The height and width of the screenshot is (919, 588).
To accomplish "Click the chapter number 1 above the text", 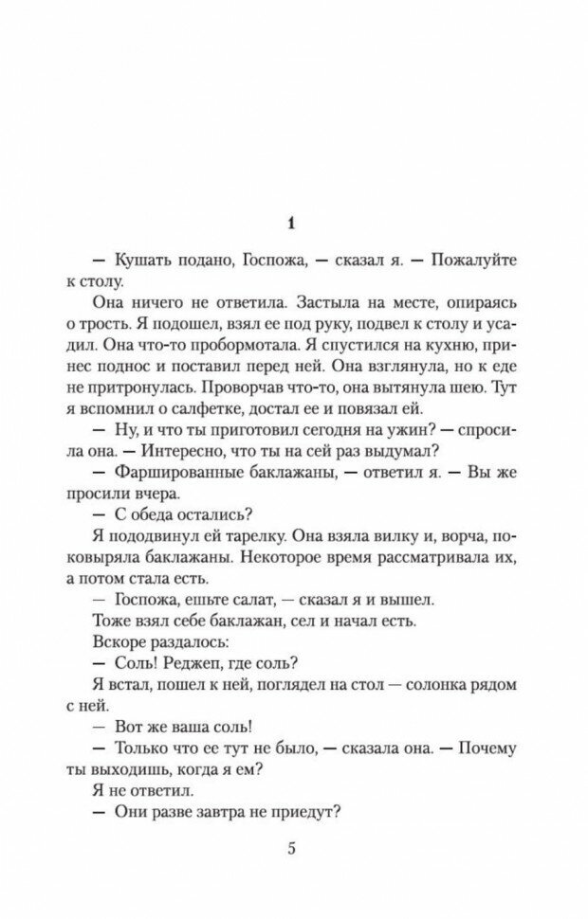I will click(293, 224).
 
